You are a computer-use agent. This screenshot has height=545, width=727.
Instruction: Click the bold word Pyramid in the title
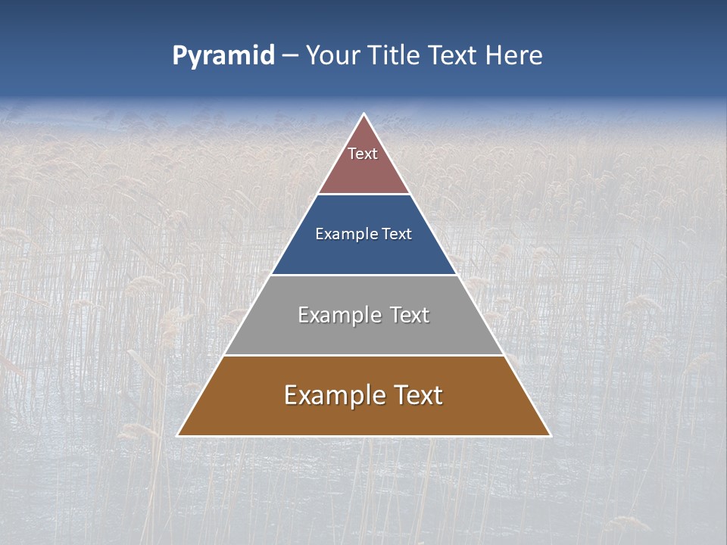pyautogui.click(x=223, y=56)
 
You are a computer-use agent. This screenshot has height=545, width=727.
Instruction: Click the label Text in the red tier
pyautogui.click(x=363, y=154)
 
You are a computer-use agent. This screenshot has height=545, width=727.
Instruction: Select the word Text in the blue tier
pyautogui.click(x=397, y=234)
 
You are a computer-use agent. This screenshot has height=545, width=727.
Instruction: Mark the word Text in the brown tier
pyautogui.click(x=417, y=395)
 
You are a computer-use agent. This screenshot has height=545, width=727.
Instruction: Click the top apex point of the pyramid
pyautogui.click(x=364, y=114)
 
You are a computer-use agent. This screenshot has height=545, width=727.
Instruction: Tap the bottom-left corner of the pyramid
pyautogui.click(x=178, y=435)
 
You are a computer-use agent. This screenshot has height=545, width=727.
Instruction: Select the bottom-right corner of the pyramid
pyautogui.click(x=550, y=435)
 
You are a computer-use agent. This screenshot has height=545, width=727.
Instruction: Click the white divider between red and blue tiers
pyautogui.click(x=364, y=195)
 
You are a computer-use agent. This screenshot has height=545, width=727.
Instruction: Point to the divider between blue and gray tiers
pyautogui.click(x=364, y=275)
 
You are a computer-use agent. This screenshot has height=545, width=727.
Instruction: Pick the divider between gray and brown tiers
pyautogui.click(x=364, y=355)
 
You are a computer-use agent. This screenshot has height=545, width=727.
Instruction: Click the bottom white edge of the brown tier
pyautogui.click(x=364, y=436)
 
